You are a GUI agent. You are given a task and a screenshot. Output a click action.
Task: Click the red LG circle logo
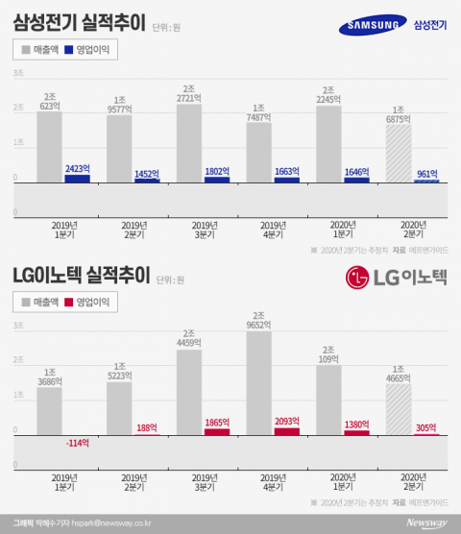(x=359, y=279)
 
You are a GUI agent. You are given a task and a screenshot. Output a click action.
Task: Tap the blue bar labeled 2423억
(x=77, y=179)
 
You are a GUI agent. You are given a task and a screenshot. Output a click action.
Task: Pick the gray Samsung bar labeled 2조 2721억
(x=189, y=144)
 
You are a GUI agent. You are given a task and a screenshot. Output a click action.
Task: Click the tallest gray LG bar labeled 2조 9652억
(x=259, y=384)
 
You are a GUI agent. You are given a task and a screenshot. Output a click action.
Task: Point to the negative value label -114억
(x=77, y=444)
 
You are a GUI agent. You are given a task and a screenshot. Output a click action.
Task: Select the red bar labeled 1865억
(x=217, y=432)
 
